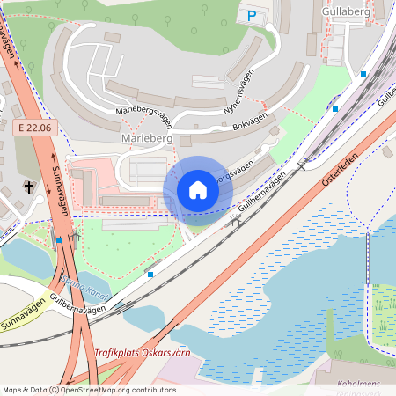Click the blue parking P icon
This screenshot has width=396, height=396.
[253, 15]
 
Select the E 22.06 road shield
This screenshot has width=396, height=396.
[36, 128]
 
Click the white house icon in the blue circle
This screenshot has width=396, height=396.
[197, 189]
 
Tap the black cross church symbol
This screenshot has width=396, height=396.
[28, 187]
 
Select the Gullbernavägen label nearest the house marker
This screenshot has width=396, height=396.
[262, 195]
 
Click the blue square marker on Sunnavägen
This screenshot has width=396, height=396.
[59, 238]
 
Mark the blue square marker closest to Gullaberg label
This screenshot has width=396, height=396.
[363, 74]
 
